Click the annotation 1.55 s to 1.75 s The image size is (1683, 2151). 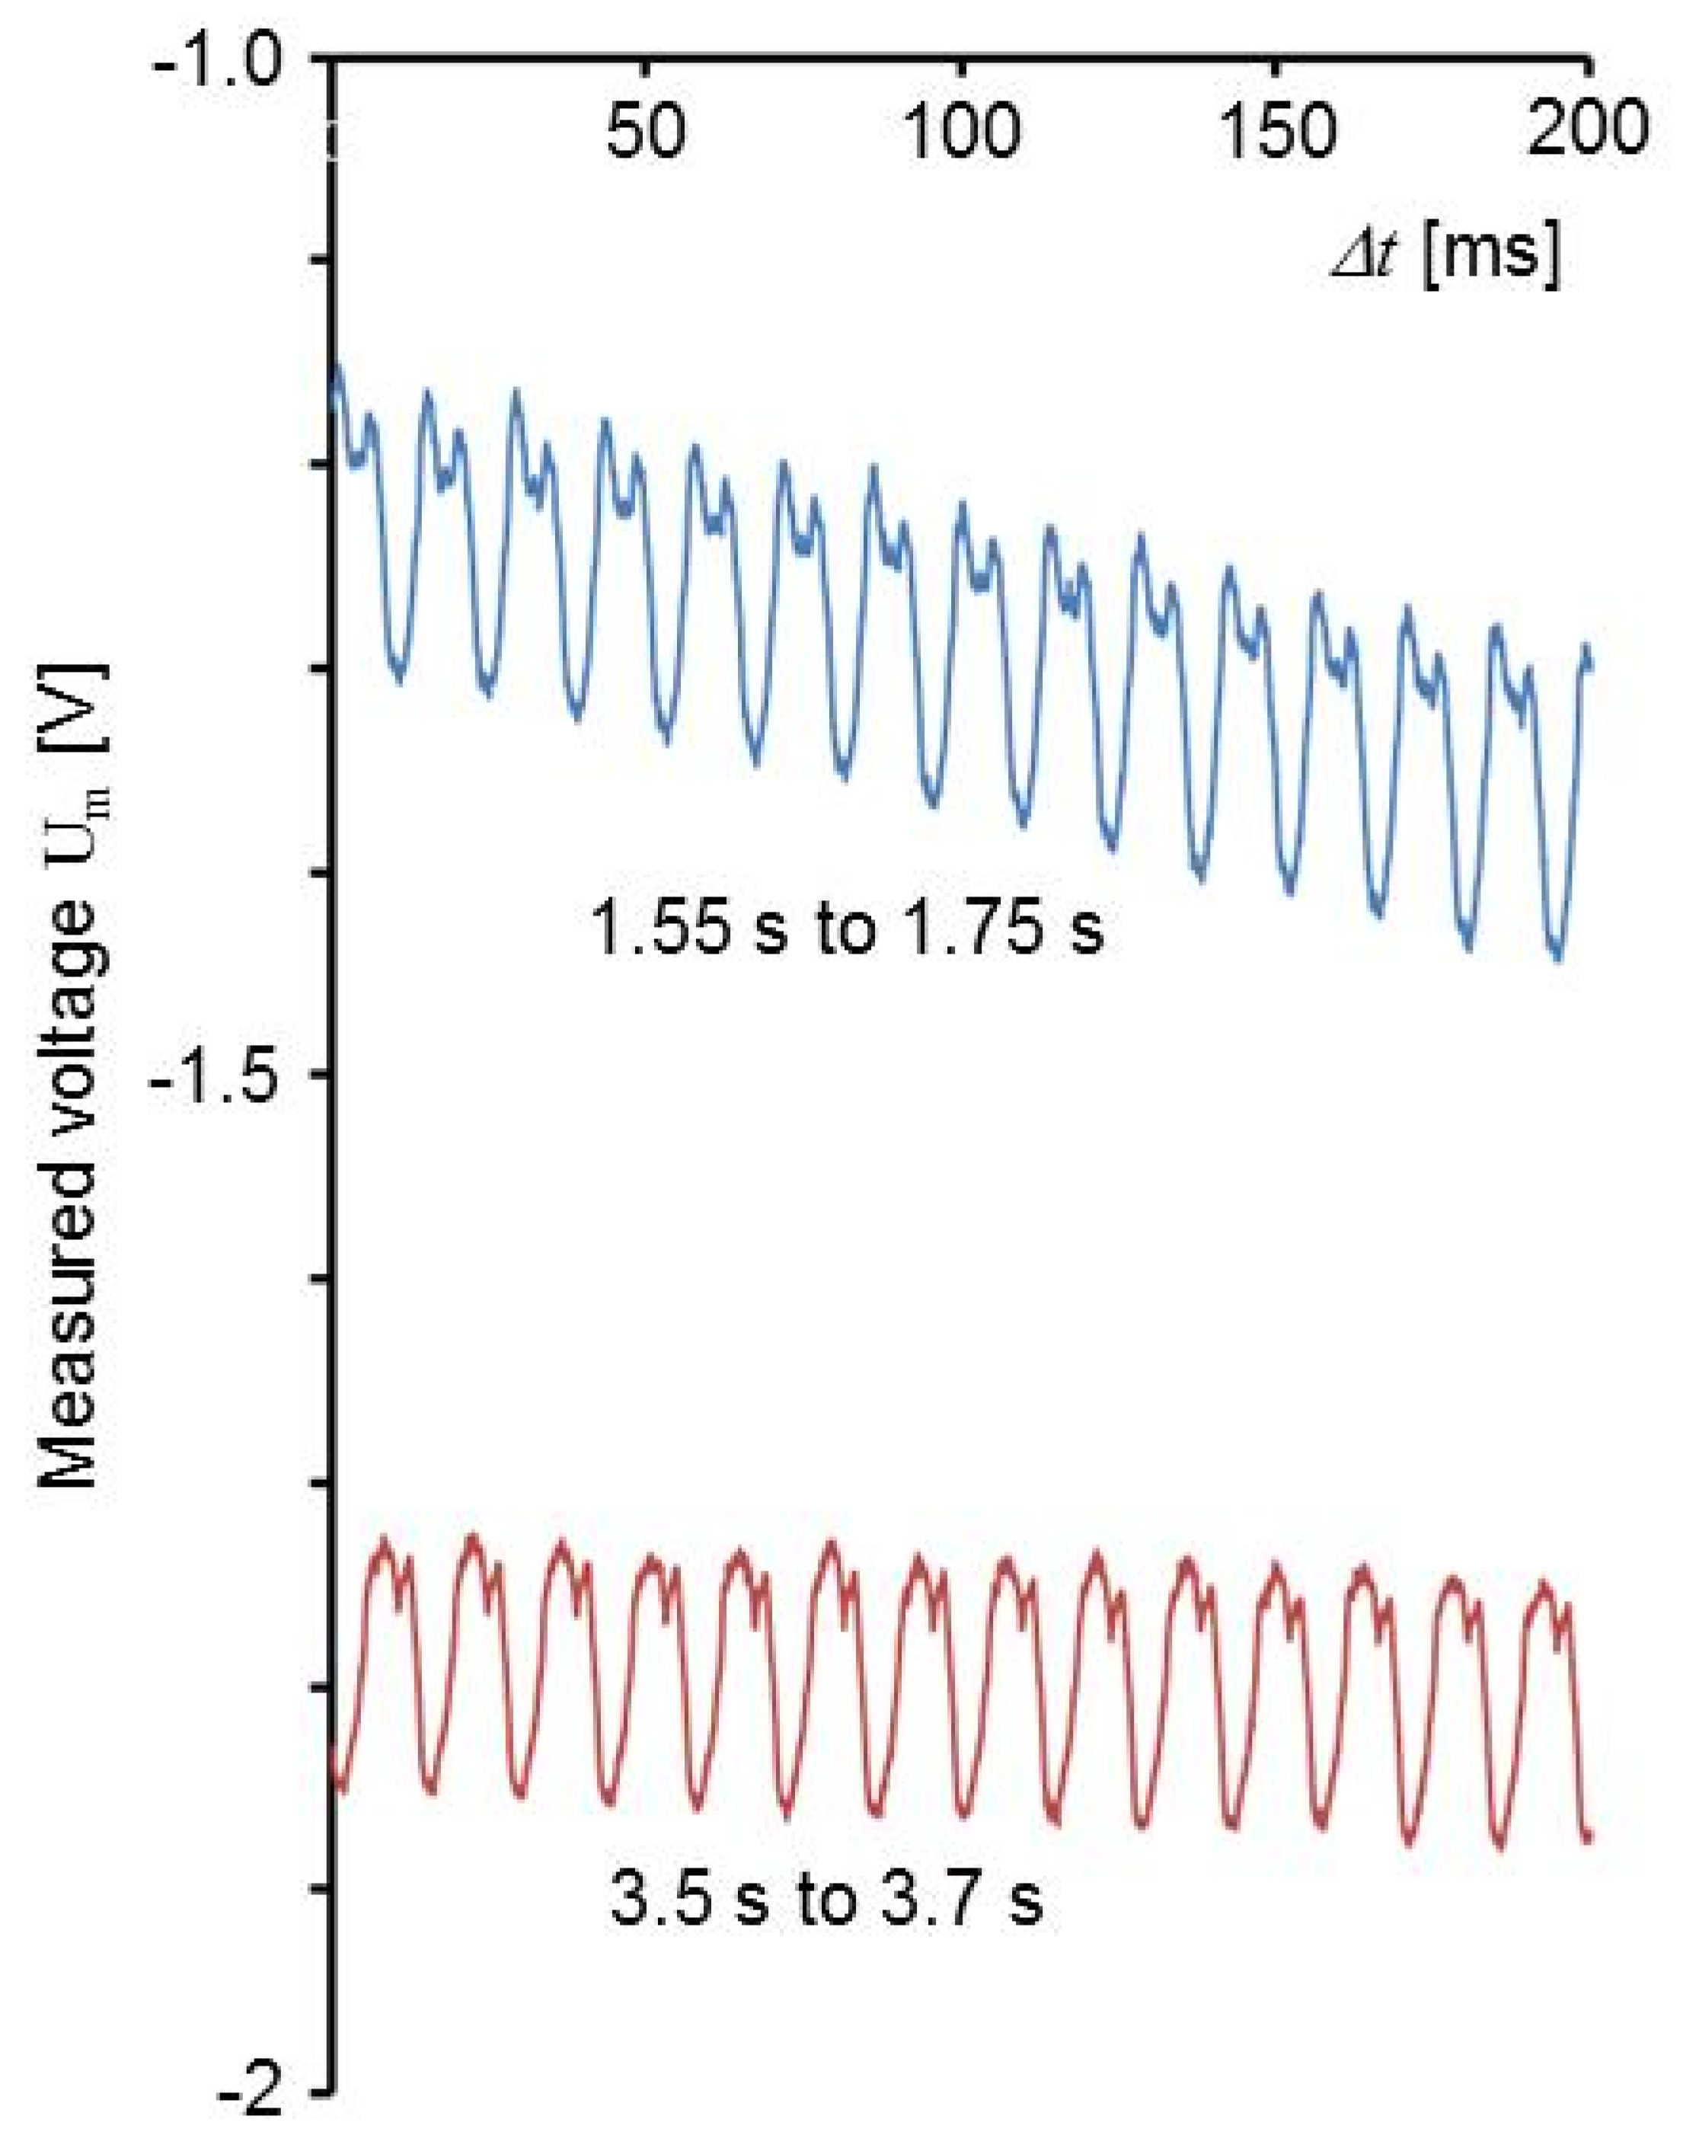tap(848, 928)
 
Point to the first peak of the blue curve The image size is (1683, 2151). tap(338, 366)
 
